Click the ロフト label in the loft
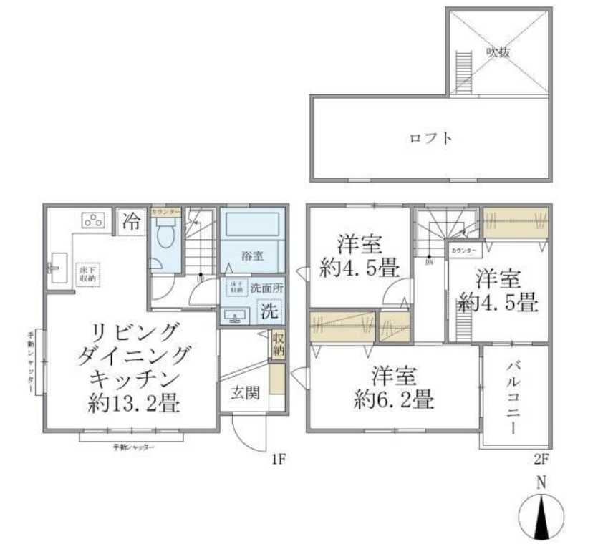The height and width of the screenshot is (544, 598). tap(430, 138)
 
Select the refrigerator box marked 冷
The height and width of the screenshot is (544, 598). tap(131, 220)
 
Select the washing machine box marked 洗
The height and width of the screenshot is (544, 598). tap(269, 311)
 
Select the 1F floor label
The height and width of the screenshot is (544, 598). tap(279, 460)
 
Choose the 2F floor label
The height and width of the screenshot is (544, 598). tap(541, 460)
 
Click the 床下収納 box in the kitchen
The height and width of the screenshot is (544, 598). tap(87, 273)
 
